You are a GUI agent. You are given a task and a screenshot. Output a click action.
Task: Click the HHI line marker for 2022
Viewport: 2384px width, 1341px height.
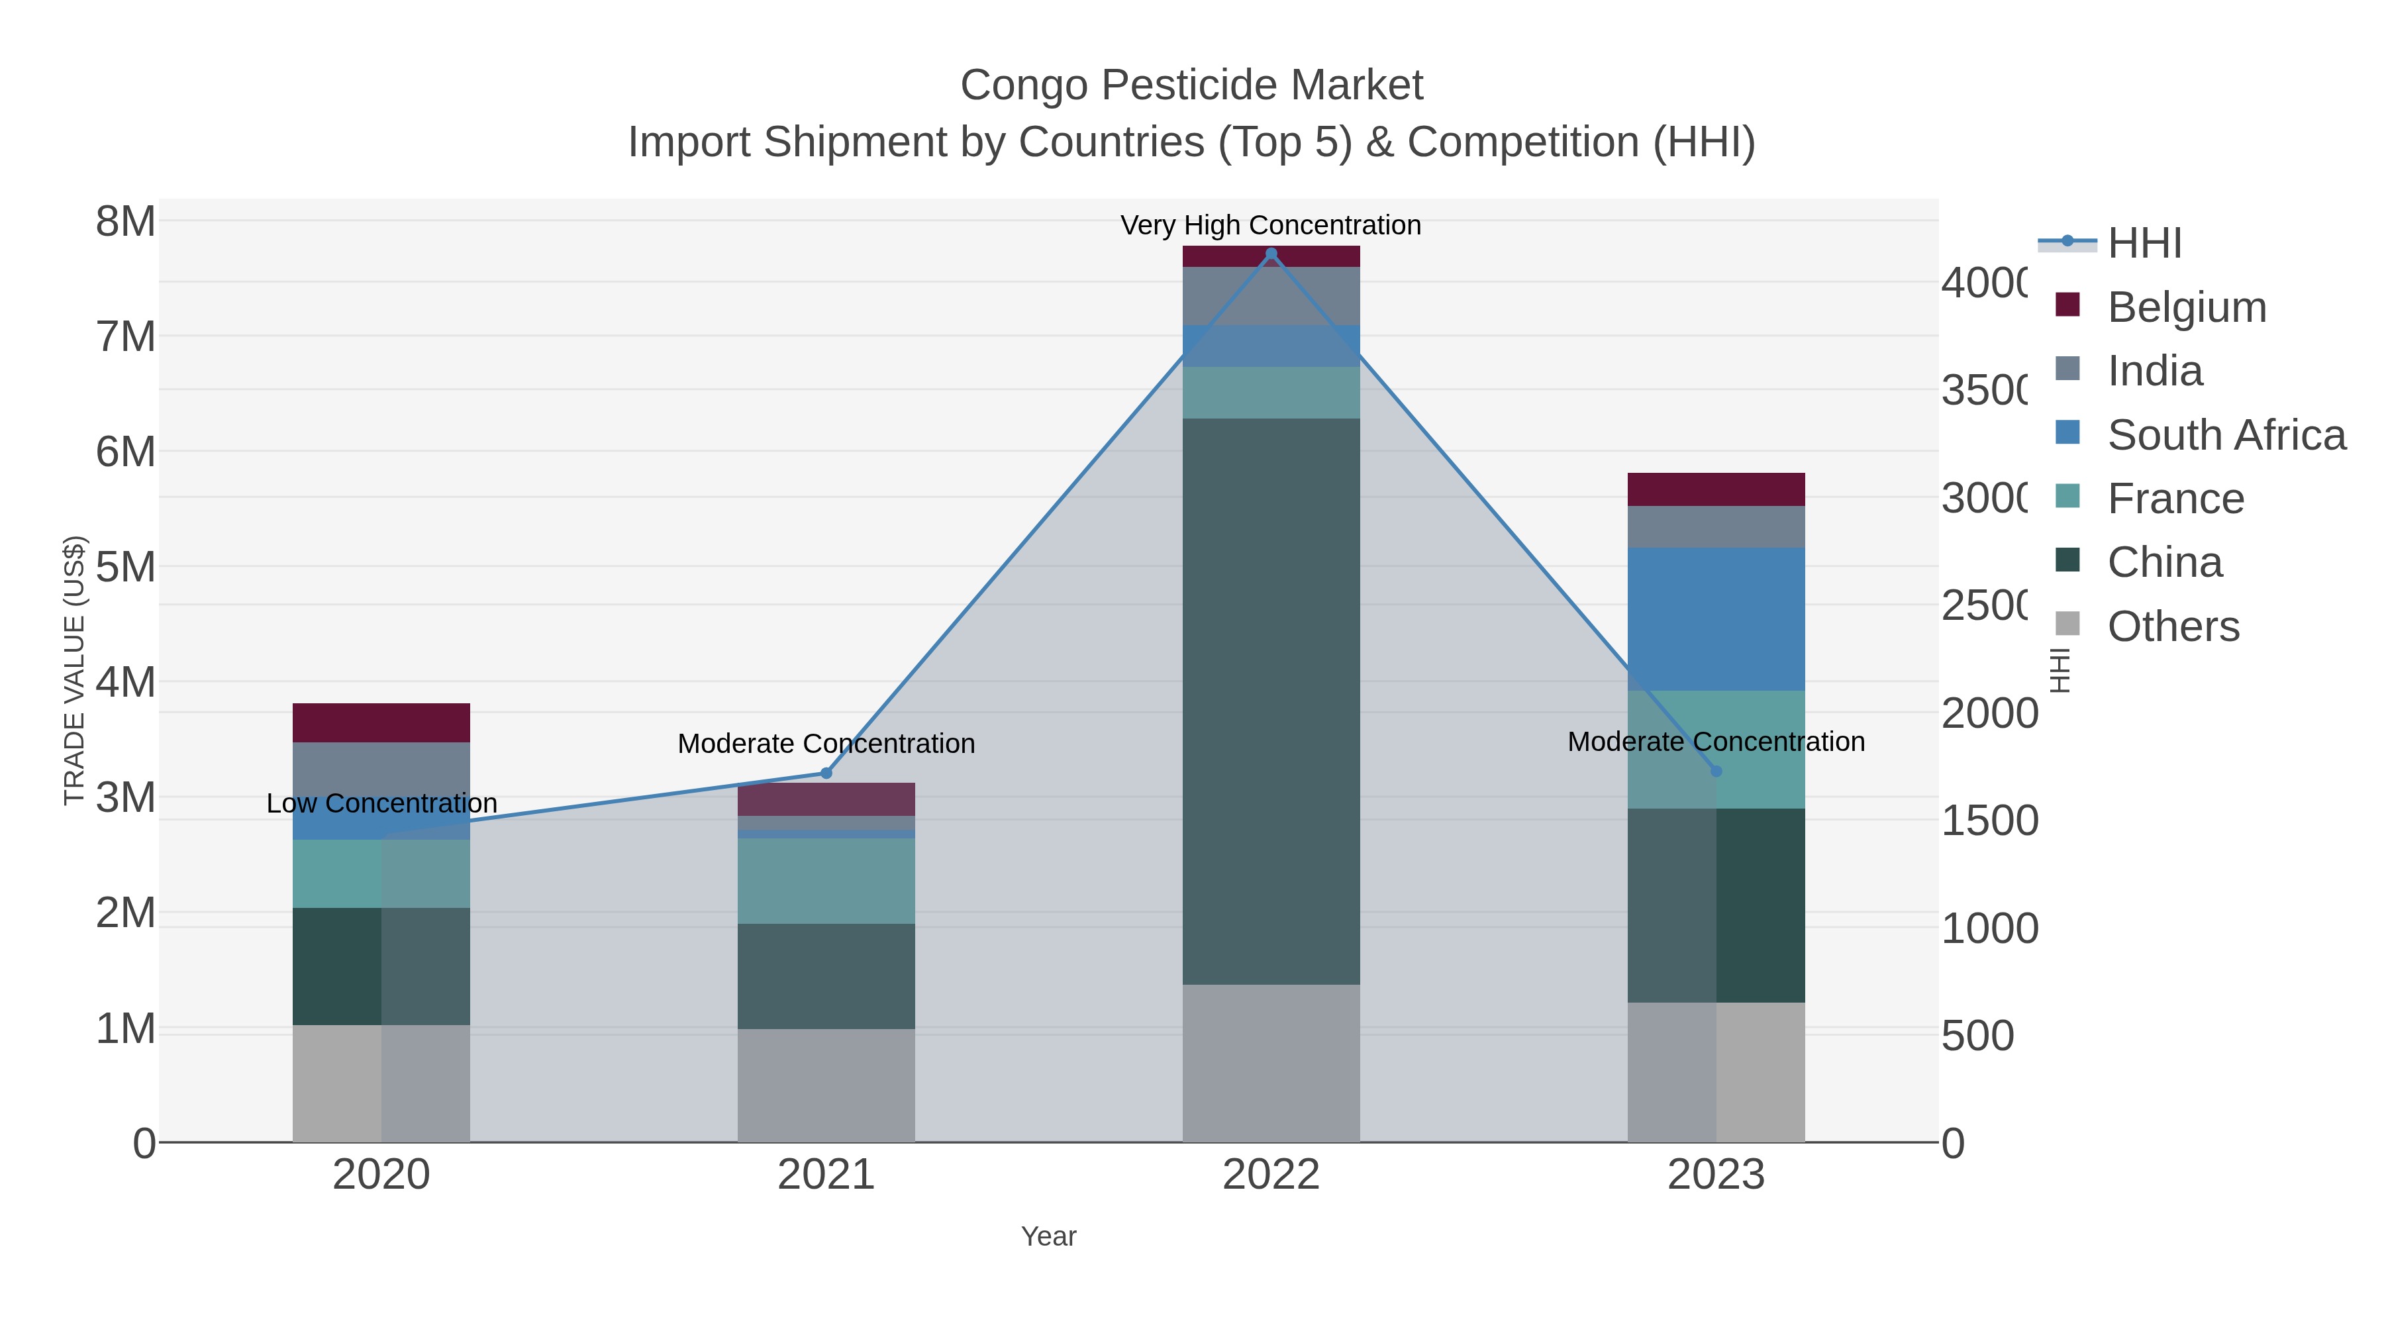(1271, 254)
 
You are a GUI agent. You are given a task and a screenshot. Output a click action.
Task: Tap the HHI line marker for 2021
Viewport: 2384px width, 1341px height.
(826, 773)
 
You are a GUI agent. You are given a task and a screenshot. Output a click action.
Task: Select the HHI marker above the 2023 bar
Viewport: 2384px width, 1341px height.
(1716, 771)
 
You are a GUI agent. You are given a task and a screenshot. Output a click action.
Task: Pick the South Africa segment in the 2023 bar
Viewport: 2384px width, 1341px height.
(1716, 619)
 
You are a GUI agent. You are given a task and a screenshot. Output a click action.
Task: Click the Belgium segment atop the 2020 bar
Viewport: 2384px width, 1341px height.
(381, 722)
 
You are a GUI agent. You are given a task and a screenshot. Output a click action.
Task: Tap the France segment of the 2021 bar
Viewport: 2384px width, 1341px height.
(826, 880)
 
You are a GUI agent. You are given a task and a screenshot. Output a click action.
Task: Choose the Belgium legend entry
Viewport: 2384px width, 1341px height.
(2186, 307)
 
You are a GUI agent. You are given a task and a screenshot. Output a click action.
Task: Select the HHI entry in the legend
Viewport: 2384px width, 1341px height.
(2144, 244)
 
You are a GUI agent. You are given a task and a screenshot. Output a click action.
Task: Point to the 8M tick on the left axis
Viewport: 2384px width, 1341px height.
(126, 222)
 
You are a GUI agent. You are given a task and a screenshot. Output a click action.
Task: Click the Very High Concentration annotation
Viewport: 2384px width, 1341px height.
(1271, 225)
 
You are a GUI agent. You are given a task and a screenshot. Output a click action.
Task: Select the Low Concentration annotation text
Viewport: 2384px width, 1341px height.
(381, 803)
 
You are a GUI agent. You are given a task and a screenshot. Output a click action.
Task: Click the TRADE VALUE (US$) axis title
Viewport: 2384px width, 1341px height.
(74, 670)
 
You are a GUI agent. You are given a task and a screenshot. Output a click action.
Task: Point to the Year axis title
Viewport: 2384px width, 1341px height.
(1048, 1236)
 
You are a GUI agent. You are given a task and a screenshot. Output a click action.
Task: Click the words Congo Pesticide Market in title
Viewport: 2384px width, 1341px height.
(1191, 85)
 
